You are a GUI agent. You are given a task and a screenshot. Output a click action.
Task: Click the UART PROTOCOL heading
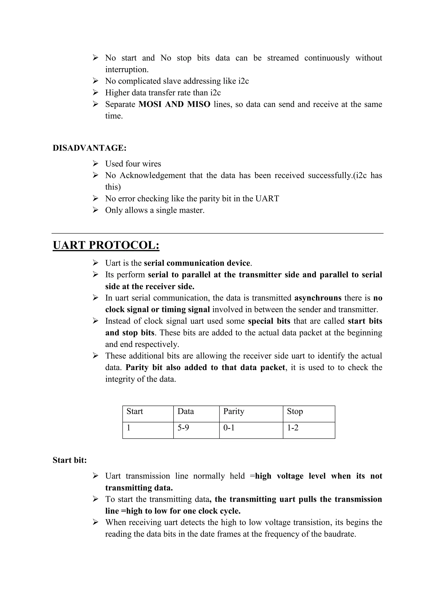pos(106,245)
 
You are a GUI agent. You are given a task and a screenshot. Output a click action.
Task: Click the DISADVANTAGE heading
pos(89,148)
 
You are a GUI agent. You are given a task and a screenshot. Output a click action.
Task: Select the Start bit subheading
pos(70,460)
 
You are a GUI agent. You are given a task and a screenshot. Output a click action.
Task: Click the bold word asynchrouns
pos(318,298)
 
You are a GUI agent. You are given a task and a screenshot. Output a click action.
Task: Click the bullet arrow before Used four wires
pos(95,163)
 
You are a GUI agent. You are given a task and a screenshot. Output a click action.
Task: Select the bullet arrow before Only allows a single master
pos(95,210)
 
